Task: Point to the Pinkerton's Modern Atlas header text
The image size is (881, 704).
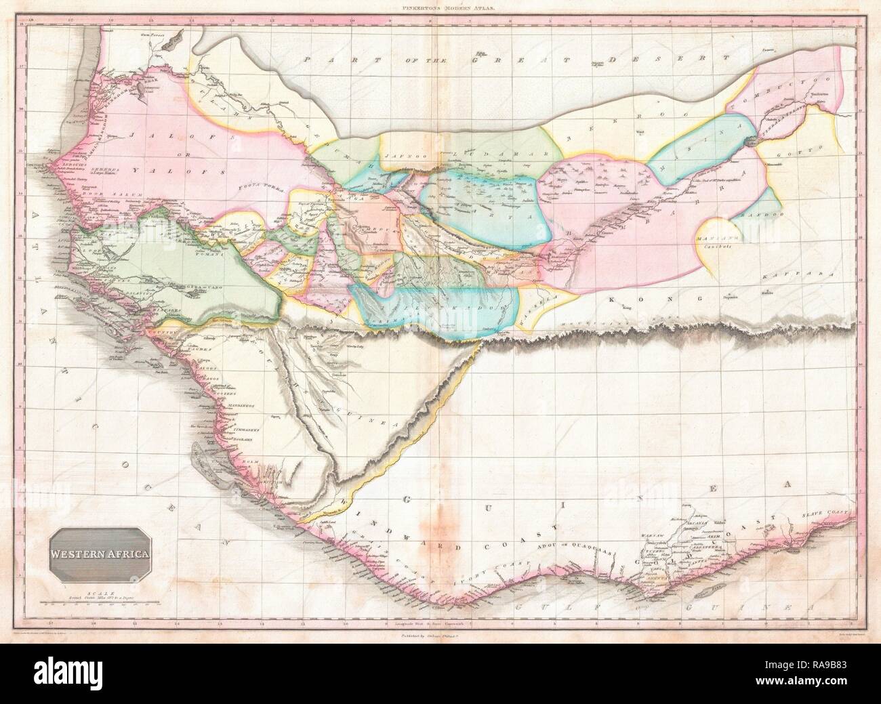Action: click(440, 9)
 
